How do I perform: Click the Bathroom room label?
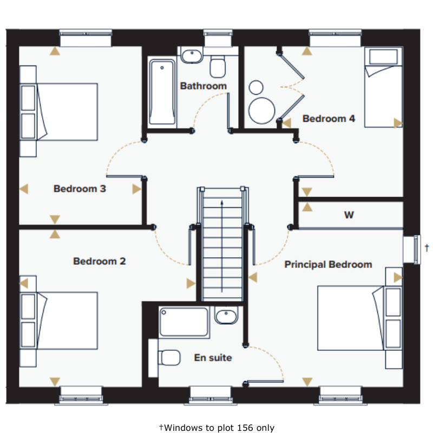[x=204, y=86]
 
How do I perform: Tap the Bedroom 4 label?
[x=329, y=119]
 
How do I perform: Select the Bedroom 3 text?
[x=80, y=189]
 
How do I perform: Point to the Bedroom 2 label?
[x=100, y=261]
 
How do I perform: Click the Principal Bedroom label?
[x=328, y=265]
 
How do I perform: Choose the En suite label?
[x=213, y=358]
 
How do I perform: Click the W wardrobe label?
[x=349, y=215]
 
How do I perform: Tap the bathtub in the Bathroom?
[x=162, y=92]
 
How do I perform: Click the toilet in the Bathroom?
[x=218, y=66]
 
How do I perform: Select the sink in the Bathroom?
[x=192, y=56]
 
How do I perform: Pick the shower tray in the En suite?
[x=184, y=322]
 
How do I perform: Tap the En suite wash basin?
[x=226, y=316]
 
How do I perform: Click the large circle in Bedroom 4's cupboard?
[x=261, y=110]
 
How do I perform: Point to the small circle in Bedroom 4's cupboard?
[x=256, y=88]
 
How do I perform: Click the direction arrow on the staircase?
[x=222, y=246]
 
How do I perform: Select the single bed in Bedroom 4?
[x=383, y=87]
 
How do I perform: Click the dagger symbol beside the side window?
[x=427, y=247]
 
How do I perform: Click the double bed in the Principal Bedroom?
[x=359, y=318]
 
